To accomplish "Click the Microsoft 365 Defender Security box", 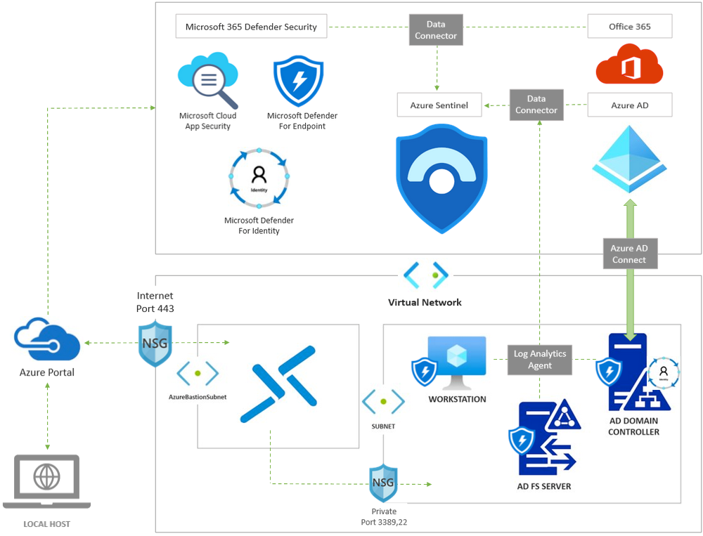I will pos(251,27).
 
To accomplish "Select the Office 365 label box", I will pos(629,27).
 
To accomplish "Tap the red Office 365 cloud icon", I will pos(629,65).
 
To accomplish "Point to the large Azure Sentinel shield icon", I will pos(441,178).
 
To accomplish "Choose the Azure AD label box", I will pos(629,105).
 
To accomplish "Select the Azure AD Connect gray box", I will pos(628,254).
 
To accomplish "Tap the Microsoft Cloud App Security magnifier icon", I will pos(208,80).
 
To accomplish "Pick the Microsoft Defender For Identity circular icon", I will pos(259,179).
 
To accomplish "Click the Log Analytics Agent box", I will pos(539,360).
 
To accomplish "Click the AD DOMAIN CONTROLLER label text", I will pos(633,427).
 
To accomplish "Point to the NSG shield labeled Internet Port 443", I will pos(155,343).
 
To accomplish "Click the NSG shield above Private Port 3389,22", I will pos(383,483).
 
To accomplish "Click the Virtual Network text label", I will pos(425,302).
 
